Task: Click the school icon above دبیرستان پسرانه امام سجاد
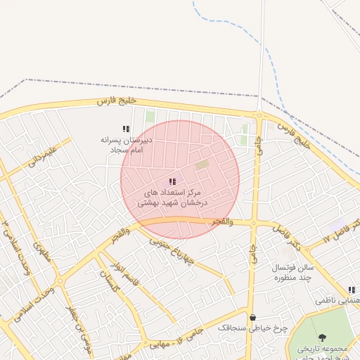point(126,129)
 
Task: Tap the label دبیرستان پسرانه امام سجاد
point(126,145)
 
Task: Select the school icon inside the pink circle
point(173,182)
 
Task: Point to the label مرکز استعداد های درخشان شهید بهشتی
point(173,197)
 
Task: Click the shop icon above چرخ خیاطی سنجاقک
point(252,318)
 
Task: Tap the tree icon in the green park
point(322,338)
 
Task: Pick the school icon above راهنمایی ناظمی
point(351,290)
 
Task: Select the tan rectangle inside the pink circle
point(202,165)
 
